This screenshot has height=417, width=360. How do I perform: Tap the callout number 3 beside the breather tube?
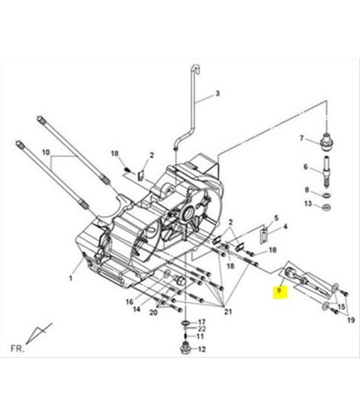[217, 94]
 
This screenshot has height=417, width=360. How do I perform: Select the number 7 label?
[301, 138]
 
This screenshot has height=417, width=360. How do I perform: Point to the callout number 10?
[46, 152]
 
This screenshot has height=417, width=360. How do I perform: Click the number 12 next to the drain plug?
[202, 349]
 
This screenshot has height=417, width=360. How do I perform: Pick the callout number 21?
[228, 311]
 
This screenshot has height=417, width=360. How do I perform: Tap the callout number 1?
[71, 278]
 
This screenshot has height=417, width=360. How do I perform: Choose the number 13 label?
[308, 203]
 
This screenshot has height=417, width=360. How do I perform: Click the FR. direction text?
[18, 349]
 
